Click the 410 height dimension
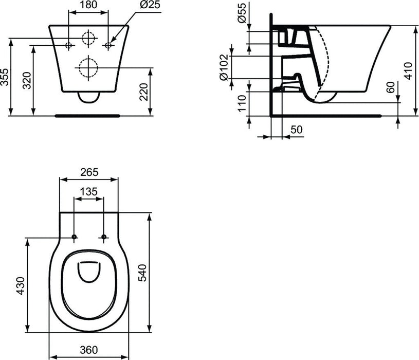(x=408, y=70)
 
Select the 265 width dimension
(x=89, y=172)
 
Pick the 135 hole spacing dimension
(x=89, y=191)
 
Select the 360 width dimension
(x=89, y=349)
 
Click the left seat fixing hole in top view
(x=75, y=237)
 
